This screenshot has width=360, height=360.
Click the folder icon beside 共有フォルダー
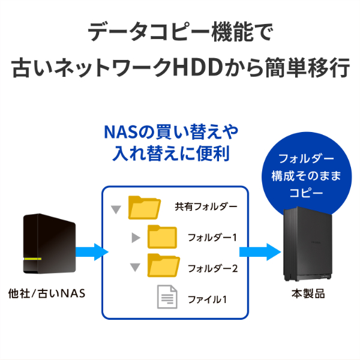click(x=145, y=208)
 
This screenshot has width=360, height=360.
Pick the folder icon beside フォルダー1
click(x=163, y=236)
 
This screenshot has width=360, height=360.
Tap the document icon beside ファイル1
click(x=167, y=296)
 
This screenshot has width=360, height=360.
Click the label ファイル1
click(x=208, y=297)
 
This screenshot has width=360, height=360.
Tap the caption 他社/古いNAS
click(x=47, y=295)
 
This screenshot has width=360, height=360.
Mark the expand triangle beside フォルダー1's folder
click(x=136, y=238)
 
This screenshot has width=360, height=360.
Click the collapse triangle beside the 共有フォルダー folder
click(x=116, y=210)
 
